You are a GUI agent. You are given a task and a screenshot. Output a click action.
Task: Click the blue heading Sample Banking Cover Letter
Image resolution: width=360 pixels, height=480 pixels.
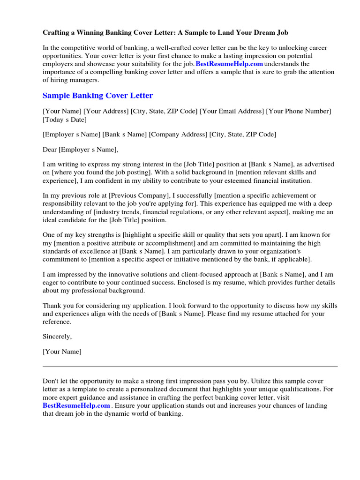click(97, 96)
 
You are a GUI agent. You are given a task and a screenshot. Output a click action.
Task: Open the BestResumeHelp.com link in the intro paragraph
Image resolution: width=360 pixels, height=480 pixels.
click(229, 64)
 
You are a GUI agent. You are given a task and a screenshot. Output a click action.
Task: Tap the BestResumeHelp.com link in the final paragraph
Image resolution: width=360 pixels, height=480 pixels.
click(76, 405)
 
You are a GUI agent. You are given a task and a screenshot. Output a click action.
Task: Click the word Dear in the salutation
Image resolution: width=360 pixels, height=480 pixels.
click(50, 150)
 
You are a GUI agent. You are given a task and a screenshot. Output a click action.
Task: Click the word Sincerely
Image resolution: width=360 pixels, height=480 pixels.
click(57, 337)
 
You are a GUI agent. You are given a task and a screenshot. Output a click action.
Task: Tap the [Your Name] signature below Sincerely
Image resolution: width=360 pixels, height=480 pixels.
click(62, 352)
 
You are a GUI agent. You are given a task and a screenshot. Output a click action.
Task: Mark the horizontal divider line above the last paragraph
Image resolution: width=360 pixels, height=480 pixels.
click(190, 367)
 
